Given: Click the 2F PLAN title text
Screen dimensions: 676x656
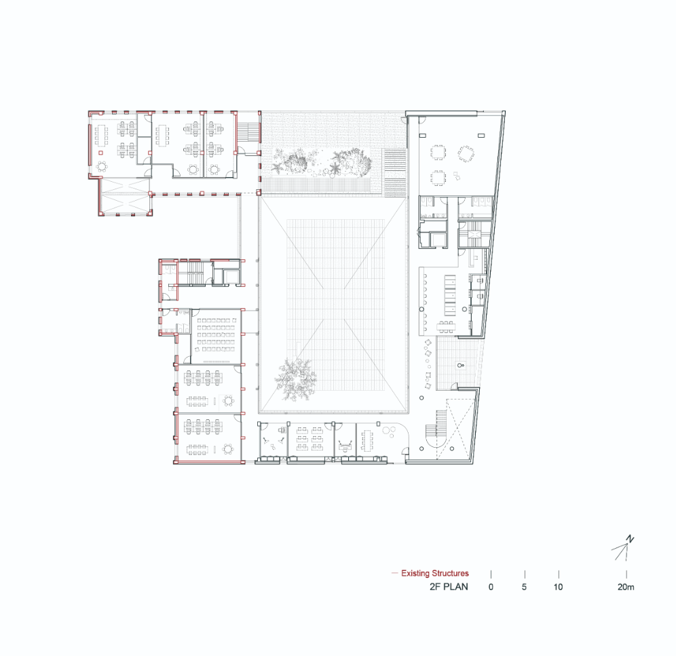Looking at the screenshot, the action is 449,587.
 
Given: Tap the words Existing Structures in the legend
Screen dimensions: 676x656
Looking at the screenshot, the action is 435,573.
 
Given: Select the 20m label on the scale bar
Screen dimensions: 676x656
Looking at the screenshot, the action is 626,587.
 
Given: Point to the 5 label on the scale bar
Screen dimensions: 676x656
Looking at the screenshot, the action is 524,587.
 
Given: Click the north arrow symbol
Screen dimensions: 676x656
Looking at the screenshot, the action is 623,548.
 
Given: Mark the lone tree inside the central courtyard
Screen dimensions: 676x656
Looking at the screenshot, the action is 296,379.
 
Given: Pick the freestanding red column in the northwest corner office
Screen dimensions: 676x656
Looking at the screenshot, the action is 101,153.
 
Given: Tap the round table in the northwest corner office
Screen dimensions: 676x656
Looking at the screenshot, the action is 102,166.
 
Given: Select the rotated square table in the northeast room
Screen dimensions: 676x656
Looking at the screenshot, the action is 466,153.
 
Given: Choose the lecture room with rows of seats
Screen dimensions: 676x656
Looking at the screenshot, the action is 216,336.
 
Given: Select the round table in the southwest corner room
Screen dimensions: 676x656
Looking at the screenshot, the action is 228,450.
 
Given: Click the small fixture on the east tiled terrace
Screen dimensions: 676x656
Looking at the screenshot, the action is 460,366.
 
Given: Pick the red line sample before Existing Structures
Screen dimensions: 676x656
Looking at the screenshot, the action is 394,573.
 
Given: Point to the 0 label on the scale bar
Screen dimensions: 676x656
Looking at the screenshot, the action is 491,587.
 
